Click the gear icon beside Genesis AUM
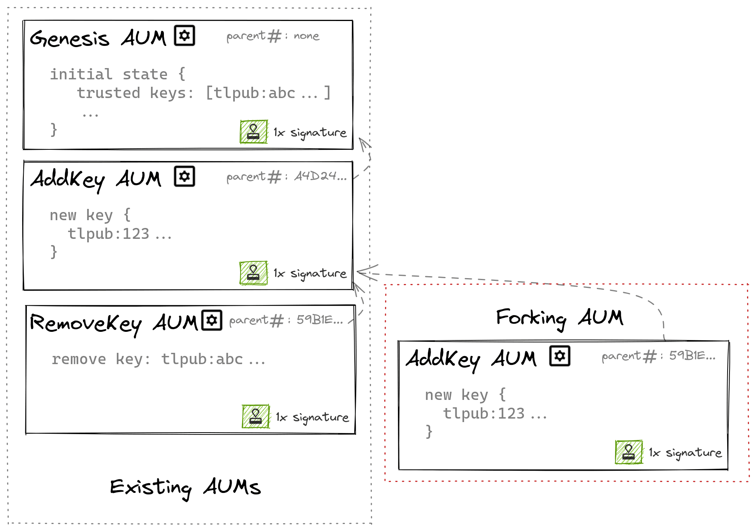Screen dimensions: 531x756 click(x=184, y=36)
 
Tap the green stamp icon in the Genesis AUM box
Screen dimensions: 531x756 click(x=253, y=132)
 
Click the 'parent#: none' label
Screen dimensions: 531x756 click(x=273, y=36)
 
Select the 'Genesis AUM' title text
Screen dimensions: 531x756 click(x=98, y=38)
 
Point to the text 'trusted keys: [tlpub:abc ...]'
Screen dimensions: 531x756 click(x=204, y=93)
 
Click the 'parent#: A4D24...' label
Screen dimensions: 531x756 click(x=286, y=177)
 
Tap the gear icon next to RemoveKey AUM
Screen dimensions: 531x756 click(x=212, y=320)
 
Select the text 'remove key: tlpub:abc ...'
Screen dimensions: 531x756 click(x=158, y=359)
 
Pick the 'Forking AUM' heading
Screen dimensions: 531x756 click(x=559, y=318)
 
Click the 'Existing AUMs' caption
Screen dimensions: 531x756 click(x=185, y=487)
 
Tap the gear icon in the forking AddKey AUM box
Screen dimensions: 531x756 click(x=559, y=356)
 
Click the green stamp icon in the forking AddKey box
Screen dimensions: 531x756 click(x=628, y=452)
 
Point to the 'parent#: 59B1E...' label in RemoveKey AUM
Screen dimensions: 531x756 click(x=286, y=321)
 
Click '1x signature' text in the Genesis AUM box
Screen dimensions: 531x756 click(x=310, y=133)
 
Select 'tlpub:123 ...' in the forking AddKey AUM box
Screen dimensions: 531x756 click(x=495, y=414)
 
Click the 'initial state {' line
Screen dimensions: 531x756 click(x=118, y=74)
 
